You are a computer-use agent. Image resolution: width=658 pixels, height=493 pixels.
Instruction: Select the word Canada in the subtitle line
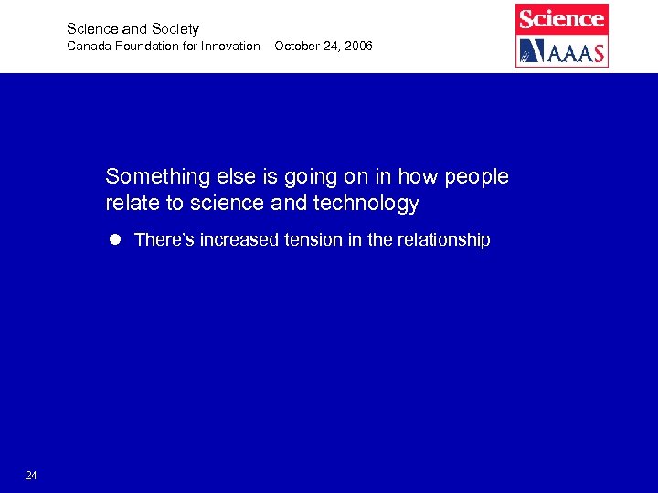coord(87,46)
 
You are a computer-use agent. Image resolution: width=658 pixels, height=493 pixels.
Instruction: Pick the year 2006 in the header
coord(357,46)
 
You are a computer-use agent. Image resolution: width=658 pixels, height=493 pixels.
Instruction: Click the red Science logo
coord(561,18)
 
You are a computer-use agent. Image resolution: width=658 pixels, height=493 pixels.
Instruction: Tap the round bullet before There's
coord(115,240)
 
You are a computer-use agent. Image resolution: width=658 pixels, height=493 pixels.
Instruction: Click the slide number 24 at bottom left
coord(31,476)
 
